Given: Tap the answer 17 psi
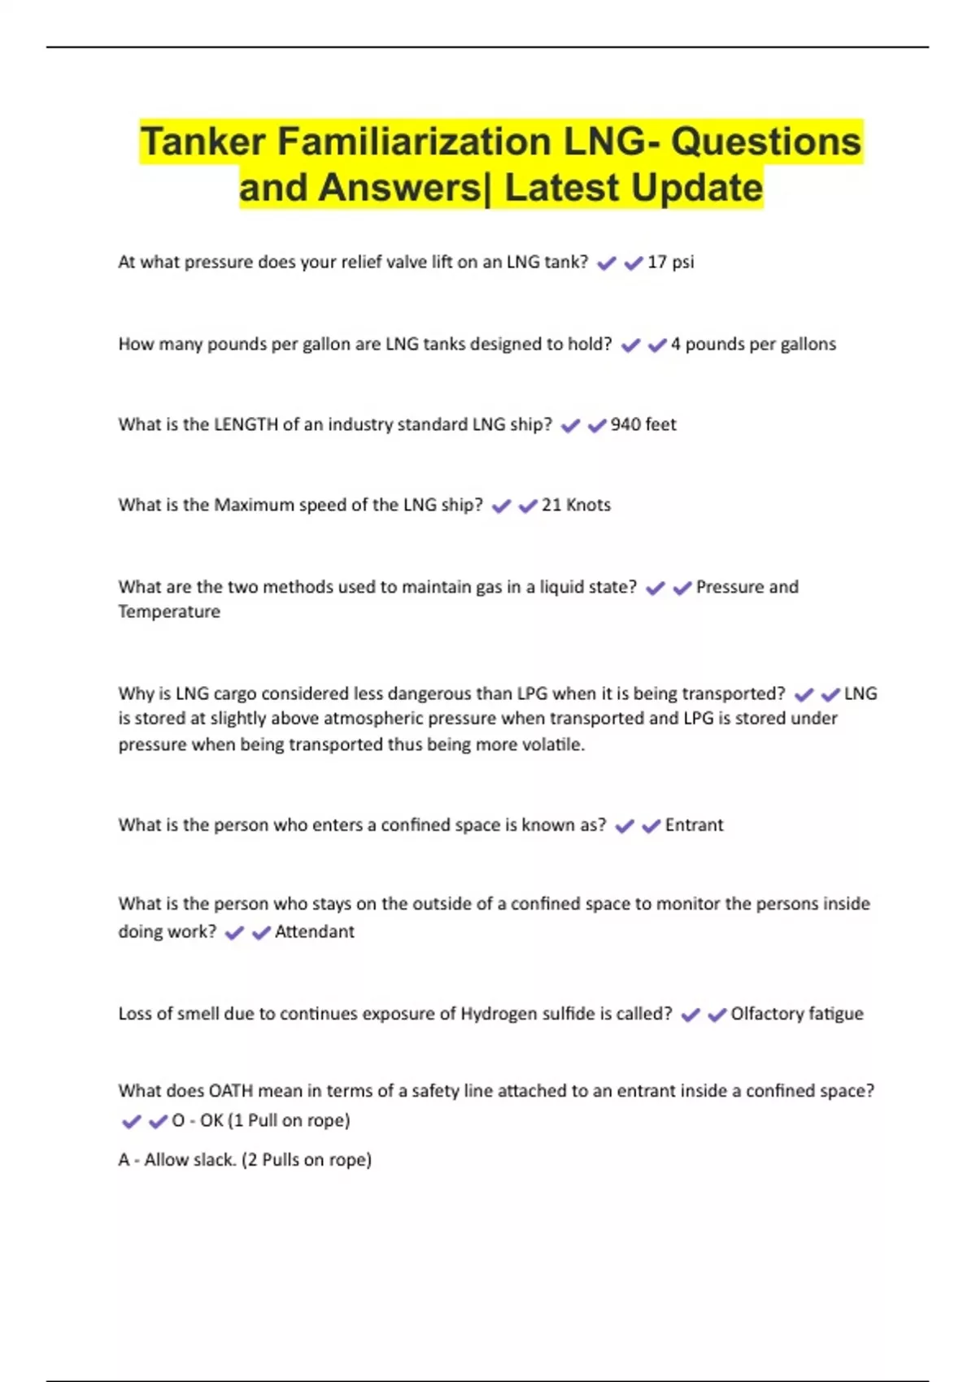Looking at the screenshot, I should [x=670, y=262].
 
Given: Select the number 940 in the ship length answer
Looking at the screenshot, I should [x=625, y=424].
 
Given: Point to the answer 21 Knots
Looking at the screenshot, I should [x=576, y=505].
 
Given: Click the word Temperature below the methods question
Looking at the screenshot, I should [x=169, y=611].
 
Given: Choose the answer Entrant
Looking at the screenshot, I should [x=694, y=825].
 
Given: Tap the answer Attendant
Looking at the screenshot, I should [x=314, y=932].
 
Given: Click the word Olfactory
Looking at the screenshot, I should [x=767, y=1014].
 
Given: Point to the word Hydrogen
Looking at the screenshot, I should [x=497, y=1014].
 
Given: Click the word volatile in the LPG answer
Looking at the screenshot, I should [x=553, y=745].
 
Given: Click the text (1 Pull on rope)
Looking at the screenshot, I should [x=289, y=1120].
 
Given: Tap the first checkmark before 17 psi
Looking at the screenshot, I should [x=607, y=263].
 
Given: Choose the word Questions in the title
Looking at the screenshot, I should [x=765, y=141].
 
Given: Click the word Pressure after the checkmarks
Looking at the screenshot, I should [x=725, y=587].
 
